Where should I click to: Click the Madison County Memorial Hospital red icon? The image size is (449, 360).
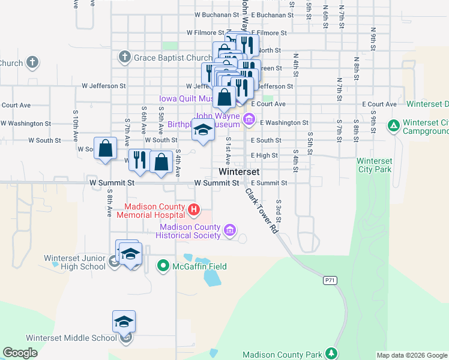[194, 209]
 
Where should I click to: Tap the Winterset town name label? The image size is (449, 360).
[239, 172]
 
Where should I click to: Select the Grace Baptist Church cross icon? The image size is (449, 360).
[124, 58]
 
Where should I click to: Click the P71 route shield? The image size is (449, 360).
[329, 280]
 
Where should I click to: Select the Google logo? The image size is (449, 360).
[20, 353]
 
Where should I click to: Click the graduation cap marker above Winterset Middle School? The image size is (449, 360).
[124, 322]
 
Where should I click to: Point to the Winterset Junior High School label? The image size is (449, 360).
[75, 263]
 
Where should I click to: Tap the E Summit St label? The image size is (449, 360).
[269, 182]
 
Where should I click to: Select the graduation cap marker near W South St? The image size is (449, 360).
[203, 130]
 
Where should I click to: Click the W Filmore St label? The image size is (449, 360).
[205, 32]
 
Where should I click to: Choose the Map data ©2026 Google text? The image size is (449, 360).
[412, 355]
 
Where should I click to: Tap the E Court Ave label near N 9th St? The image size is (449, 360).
[379, 104]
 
